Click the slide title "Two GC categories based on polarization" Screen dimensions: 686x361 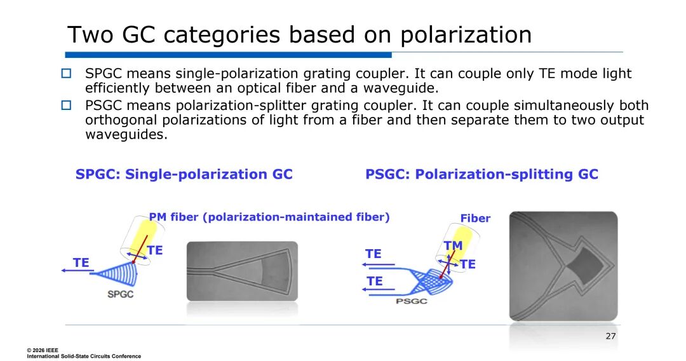[299, 35]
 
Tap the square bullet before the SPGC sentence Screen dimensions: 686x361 [66, 73]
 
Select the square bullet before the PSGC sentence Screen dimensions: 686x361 [66, 106]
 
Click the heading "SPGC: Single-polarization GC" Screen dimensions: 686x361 [184, 174]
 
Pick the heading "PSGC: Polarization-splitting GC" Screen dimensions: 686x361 [481, 174]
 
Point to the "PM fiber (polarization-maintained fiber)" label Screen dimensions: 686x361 [269, 217]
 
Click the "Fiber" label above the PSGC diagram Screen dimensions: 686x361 [475, 219]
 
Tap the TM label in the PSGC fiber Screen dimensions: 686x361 [454, 246]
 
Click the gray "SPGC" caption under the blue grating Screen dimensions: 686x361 [120, 294]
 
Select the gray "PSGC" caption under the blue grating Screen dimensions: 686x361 [411, 301]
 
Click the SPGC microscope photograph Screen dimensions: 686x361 [243, 271]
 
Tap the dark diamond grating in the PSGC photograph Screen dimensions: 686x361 [584, 266]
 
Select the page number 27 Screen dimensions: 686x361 [611, 336]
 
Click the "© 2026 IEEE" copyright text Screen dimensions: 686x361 [43, 350]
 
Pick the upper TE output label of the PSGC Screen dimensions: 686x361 [373, 254]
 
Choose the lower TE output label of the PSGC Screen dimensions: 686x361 [375, 281]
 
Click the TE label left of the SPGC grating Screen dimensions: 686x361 [81, 262]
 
